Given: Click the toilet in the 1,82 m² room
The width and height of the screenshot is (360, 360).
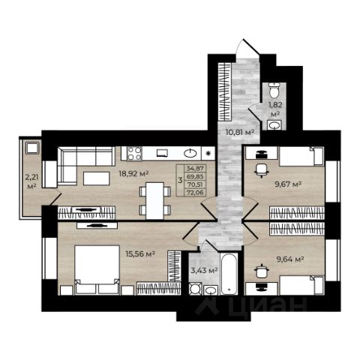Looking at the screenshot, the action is coord(274,91).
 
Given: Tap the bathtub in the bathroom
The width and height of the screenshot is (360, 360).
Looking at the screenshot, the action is coord(229,274).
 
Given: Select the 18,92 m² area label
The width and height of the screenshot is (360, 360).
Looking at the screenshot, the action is coord(133,173).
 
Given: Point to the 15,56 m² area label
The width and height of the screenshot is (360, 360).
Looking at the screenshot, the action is coord(140,254).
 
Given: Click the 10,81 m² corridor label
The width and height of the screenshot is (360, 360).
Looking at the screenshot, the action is coord(240,132).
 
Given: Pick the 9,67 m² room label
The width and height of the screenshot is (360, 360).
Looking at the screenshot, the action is coord(288,184).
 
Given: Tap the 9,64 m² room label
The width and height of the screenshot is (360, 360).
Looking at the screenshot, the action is coord(289,259).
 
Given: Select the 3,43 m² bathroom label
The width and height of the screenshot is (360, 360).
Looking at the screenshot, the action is coord(204,270).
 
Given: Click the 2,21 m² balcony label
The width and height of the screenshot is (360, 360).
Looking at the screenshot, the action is coord(31,181).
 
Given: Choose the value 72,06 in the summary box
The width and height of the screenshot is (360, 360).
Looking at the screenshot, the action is coord(195,192).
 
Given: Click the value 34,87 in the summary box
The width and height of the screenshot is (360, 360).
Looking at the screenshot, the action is coord(195,168).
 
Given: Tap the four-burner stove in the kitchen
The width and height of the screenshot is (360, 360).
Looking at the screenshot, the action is coord(134,153).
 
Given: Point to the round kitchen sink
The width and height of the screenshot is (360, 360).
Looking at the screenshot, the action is coord(190,153).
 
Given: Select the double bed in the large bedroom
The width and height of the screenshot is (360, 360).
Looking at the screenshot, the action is coord(97,269).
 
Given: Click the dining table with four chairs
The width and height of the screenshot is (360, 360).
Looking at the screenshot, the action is coord(154,201).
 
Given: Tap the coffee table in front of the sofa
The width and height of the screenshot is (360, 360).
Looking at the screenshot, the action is coord(96,178).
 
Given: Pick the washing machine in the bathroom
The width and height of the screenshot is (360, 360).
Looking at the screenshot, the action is coord(195,289).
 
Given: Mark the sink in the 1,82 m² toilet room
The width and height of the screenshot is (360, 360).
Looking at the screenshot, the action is coord(274,124).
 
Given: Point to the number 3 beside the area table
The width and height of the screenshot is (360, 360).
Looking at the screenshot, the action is coord(180,180).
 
